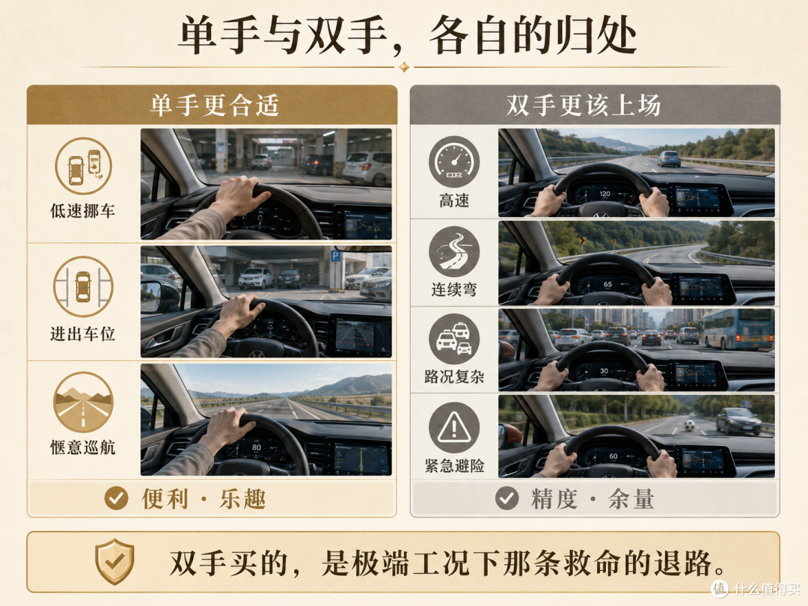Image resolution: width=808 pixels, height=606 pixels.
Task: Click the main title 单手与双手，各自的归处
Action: [407, 35]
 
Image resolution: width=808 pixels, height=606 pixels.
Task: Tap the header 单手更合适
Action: [215, 105]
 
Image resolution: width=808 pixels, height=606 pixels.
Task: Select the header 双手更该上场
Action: [584, 105]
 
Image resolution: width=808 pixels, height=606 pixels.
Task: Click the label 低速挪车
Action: [82, 211]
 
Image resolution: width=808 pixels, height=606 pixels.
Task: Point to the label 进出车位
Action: [82, 334]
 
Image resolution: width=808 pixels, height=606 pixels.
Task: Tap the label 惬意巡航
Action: [82, 447]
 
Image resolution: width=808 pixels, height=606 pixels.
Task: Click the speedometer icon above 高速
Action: [454, 162]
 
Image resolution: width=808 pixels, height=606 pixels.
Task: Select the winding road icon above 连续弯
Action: [454, 251]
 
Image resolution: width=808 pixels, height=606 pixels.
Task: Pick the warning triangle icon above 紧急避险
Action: [454, 428]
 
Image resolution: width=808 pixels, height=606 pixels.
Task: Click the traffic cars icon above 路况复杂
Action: [454, 339]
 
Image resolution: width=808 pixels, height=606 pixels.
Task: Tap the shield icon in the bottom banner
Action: [114, 561]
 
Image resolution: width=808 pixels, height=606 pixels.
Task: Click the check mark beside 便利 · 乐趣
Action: [116, 498]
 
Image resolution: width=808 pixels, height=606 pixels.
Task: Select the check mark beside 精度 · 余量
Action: [507, 498]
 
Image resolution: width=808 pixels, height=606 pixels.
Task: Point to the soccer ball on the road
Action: [690, 426]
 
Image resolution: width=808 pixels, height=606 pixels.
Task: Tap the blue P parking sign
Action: [335, 256]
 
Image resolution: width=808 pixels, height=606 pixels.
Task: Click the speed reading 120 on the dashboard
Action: [605, 194]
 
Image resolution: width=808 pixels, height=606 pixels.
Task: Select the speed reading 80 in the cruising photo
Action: [256, 447]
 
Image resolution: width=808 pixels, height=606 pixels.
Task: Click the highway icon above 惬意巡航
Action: [83, 402]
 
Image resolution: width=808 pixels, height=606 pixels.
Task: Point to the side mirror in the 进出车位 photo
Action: [161, 296]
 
